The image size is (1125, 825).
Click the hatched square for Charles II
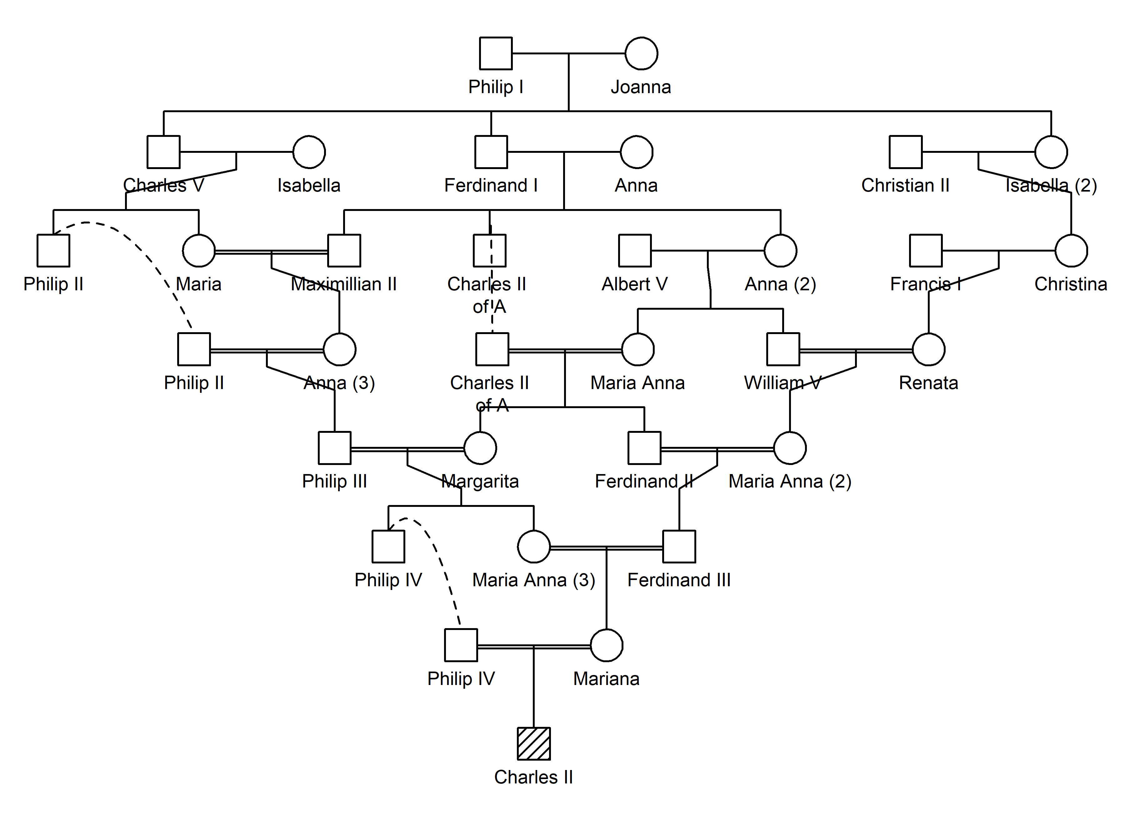pos(533,744)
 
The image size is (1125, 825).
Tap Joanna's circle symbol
pos(641,53)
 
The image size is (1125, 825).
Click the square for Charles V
pos(163,152)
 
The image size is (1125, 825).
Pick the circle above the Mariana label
pos(606,645)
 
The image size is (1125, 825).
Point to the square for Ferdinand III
pos(679,546)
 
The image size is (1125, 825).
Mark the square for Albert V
pos(635,250)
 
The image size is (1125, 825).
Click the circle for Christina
pos(1071,250)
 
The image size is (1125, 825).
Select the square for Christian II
pos(905,152)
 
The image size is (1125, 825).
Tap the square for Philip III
pos(335,447)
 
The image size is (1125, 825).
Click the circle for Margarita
pos(480,447)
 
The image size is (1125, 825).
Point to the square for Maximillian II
pos(344,250)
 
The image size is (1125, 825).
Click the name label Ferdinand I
pos(491,185)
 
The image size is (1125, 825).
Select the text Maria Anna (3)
pos(533,580)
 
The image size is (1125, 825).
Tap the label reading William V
pos(782,382)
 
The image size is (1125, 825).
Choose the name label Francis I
pos(925,284)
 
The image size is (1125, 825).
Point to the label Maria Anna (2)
pos(789,481)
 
